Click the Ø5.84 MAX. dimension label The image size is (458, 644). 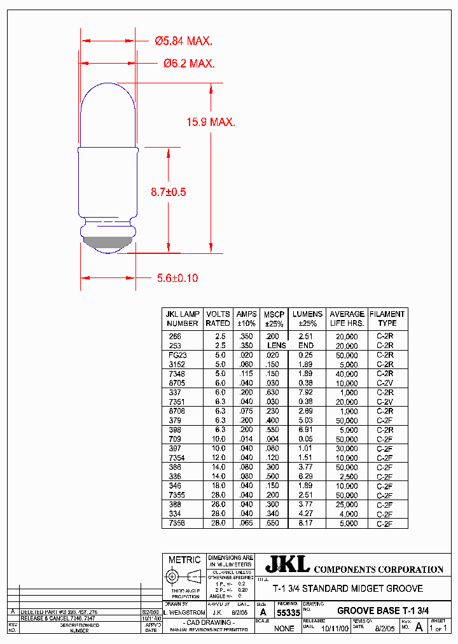[184, 41]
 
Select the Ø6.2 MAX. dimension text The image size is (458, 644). [189, 64]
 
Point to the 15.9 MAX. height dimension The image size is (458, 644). [211, 122]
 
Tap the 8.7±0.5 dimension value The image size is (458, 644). [168, 192]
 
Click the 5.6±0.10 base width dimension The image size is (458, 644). [177, 278]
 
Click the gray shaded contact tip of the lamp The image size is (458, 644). [108, 241]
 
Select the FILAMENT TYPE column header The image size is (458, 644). [387, 318]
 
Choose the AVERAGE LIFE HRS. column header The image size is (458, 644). [347, 318]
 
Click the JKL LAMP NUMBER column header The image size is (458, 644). [183, 318]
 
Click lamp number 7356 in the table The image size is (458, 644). [177, 523]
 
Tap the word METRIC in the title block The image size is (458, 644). [184, 560]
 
